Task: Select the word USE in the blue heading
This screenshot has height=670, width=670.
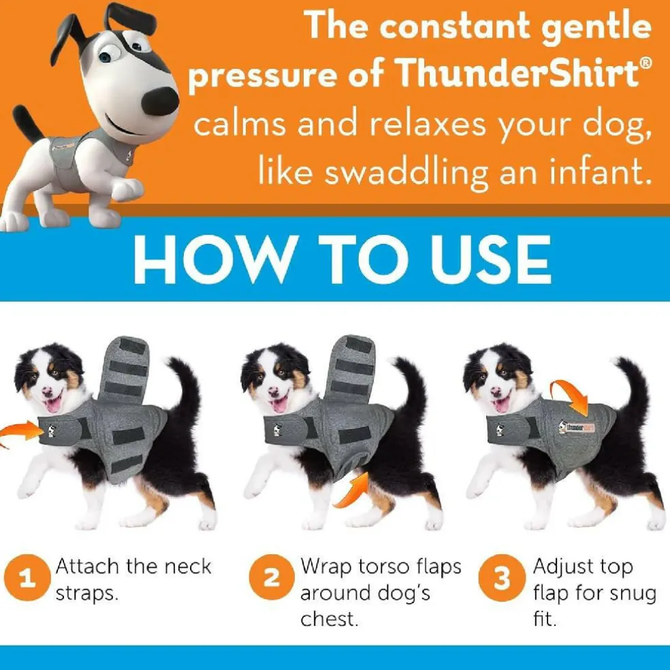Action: [490, 259]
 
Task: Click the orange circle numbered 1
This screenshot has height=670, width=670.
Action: [27, 577]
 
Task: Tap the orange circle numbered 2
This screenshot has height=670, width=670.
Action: [272, 577]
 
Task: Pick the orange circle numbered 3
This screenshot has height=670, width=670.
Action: [502, 577]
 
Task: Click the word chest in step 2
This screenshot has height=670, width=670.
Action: [329, 618]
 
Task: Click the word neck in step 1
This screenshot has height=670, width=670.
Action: [187, 567]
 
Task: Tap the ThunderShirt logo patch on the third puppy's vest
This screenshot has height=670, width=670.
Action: [577, 427]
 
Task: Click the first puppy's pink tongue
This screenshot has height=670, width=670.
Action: [54, 403]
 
